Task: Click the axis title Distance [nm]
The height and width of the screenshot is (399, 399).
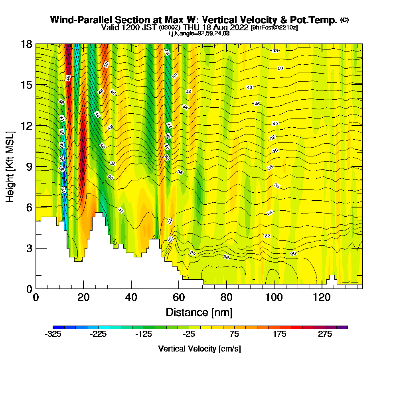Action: point(199,312)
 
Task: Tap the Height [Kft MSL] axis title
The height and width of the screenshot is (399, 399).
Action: point(10,166)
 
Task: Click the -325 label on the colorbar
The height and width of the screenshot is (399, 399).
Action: point(53,334)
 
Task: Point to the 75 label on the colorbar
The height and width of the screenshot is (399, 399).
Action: point(234,334)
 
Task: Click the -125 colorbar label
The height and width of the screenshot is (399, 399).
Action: point(144,334)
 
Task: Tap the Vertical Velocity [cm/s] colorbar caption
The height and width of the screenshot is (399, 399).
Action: point(199,349)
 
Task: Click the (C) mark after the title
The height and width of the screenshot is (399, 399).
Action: point(344,20)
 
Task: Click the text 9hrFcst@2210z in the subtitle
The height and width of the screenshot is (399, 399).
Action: point(274,28)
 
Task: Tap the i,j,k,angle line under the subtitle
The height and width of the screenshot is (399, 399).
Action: point(199,33)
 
